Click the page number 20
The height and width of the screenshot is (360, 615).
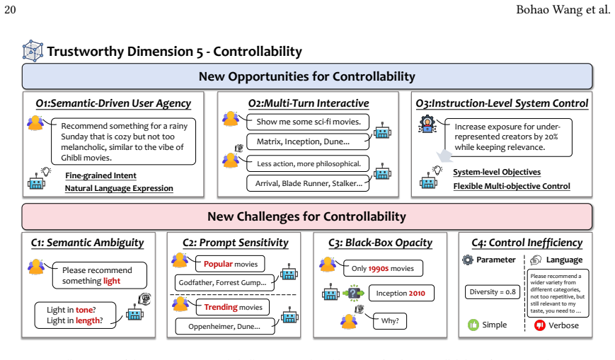(x=10, y=9)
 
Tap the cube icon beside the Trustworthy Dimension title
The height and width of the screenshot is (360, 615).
(x=33, y=51)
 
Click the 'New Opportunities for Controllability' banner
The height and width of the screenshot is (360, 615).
(x=307, y=76)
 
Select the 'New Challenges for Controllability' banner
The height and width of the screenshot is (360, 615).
(x=307, y=216)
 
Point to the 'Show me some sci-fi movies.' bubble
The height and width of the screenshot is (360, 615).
(x=308, y=122)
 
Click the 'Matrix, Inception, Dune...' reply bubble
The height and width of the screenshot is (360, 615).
(x=308, y=141)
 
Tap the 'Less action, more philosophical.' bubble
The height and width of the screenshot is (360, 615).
(x=308, y=164)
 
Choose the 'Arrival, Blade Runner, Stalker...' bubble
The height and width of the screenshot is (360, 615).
(x=308, y=183)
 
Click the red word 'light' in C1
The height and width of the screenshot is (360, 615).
(x=112, y=281)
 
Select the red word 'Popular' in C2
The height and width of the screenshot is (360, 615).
(x=218, y=264)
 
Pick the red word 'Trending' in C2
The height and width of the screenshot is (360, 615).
(x=221, y=307)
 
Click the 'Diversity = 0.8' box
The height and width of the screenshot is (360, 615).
(x=493, y=292)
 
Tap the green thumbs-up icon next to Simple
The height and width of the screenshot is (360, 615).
(x=473, y=325)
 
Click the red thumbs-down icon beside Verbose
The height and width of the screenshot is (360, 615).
(x=540, y=325)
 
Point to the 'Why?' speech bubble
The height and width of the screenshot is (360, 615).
(x=389, y=321)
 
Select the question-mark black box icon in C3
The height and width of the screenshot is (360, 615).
(x=354, y=293)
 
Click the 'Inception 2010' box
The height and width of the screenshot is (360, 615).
(x=401, y=294)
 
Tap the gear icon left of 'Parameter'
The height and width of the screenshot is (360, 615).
(x=468, y=260)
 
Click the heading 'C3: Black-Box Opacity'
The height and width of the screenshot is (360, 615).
(x=381, y=243)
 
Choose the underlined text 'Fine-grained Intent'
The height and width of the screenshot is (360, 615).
(x=100, y=175)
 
